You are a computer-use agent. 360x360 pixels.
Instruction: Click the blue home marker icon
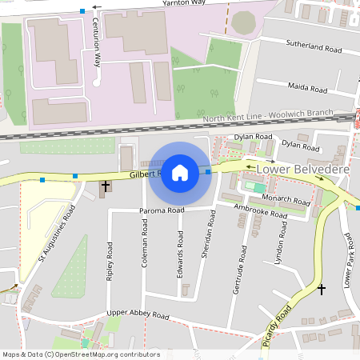(180, 172)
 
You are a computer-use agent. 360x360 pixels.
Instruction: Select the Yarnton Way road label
(184, 3)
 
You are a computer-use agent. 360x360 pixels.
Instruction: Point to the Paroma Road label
(162, 210)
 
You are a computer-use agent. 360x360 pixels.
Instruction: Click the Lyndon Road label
(280, 250)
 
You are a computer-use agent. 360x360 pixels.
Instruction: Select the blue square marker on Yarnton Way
(82, 10)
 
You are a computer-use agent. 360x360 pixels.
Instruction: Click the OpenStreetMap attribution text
(80, 354)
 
